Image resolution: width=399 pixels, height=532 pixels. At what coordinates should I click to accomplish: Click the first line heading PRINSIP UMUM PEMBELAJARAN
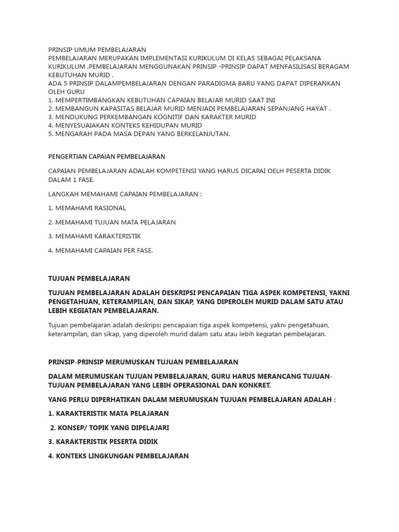point(97,49)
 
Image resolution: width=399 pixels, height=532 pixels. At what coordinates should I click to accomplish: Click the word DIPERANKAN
point(318,83)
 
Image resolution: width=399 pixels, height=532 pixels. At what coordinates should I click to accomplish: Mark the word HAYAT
point(316,108)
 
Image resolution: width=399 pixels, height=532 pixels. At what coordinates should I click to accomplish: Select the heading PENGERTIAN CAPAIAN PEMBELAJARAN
point(107,156)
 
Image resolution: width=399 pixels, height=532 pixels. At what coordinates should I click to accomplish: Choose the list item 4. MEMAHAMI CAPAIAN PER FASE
point(100,250)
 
